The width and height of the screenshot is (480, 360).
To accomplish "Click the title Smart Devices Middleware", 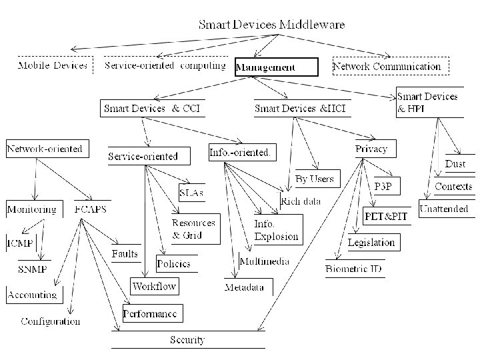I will [x=272, y=25].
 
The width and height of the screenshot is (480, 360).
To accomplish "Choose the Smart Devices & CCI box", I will [x=152, y=108].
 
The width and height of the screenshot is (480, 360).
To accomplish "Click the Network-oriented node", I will [x=45, y=149].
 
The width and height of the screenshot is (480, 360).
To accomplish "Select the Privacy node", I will [x=371, y=149].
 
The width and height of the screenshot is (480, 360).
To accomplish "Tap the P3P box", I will [x=383, y=187].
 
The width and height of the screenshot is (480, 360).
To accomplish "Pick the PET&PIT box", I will [x=385, y=217].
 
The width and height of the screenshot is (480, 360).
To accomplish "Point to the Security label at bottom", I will [x=187, y=339].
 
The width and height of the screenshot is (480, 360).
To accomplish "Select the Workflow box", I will [x=154, y=287].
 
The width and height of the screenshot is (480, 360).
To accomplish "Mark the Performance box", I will [x=150, y=313].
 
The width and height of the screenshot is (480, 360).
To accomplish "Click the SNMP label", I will [x=32, y=269].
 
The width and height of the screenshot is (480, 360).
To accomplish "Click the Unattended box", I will [x=444, y=209].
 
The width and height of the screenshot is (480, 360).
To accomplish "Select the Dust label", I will [x=455, y=164].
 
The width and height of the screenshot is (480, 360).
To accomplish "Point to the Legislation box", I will [x=371, y=242].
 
